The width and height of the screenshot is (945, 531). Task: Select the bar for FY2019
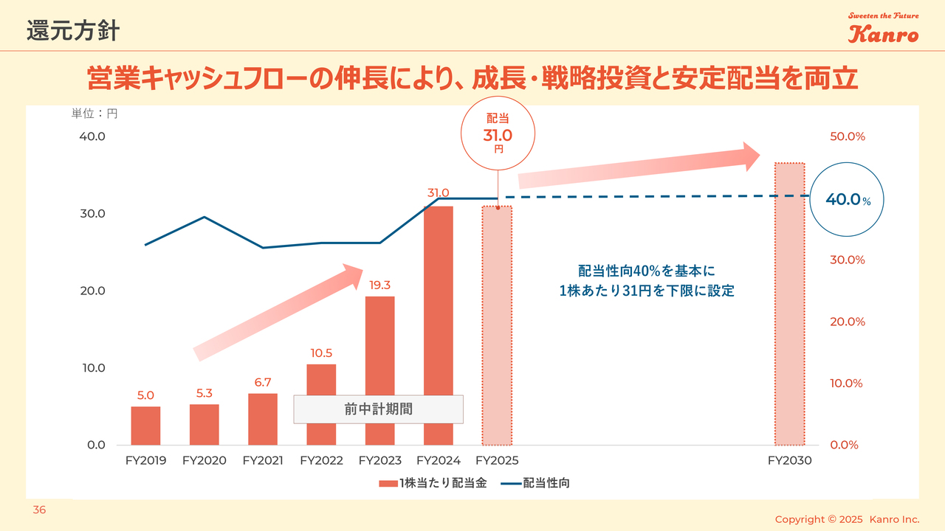point(145,426)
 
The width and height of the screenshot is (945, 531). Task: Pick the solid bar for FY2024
point(439,325)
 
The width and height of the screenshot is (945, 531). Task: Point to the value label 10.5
point(321,353)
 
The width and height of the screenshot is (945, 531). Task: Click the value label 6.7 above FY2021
point(263,382)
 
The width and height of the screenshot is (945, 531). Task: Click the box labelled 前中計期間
point(378,409)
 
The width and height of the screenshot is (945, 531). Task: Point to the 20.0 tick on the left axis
point(92,291)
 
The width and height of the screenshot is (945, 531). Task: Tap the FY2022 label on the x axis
point(321,461)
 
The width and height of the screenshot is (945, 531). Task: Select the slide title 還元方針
point(72,31)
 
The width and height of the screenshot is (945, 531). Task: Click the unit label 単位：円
point(94,114)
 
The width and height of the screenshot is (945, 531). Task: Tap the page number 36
point(39,510)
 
